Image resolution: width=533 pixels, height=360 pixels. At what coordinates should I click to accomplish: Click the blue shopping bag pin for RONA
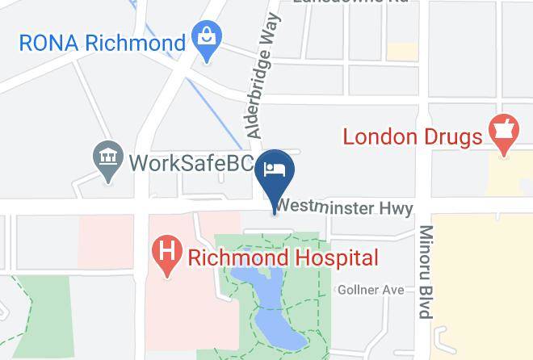(208, 39)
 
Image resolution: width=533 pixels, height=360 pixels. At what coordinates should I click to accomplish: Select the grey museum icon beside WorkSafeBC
(107, 161)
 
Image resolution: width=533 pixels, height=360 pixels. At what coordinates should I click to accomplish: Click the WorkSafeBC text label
(191, 162)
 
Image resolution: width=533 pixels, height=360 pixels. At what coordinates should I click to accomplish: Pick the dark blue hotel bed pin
(275, 171)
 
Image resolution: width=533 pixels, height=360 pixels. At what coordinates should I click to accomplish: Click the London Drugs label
(412, 136)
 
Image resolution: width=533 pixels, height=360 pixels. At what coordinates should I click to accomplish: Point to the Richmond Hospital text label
(283, 258)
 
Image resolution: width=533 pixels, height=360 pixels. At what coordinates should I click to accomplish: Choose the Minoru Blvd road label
(425, 271)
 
